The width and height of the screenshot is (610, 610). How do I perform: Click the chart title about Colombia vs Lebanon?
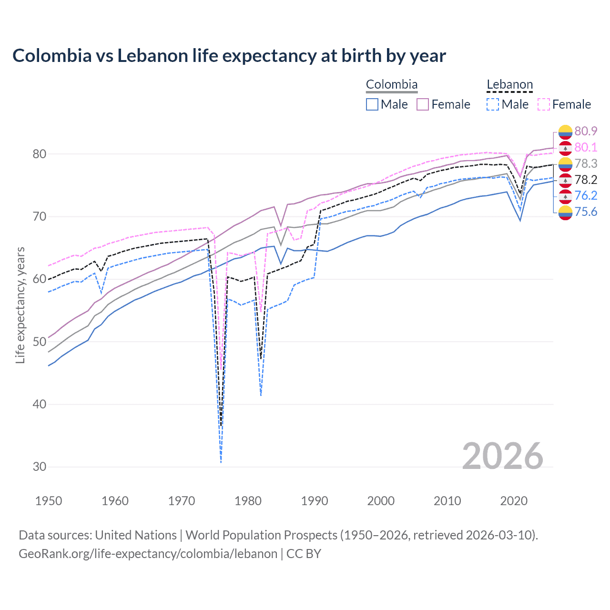[x=229, y=56]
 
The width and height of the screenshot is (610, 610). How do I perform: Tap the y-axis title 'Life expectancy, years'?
[x=20, y=305]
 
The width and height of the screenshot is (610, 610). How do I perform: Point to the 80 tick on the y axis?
[x=40, y=154]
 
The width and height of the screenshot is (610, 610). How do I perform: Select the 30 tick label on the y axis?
[x=40, y=467]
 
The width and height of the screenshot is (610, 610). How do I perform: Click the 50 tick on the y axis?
[x=40, y=342]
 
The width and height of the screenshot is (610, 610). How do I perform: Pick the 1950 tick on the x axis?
[x=49, y=501]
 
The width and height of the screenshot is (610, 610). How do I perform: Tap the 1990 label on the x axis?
[x=315, y=501]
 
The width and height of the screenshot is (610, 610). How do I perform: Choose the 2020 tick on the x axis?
[x=514, y=501]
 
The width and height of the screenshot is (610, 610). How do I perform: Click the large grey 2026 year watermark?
[x=502, y=456]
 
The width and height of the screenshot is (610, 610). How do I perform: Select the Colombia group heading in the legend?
[x=392, y=85]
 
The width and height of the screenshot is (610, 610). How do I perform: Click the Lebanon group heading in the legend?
[x=509, y=85]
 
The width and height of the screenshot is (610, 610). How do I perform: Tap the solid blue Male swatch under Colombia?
[x=372, y=104]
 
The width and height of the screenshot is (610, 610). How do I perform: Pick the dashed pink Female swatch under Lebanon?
[x=544, y=104]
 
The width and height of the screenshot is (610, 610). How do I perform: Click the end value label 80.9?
[x=586, y=131]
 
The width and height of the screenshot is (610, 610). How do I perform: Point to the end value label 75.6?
[x=586, y=212]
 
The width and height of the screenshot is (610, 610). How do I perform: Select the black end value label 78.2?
[x=586, y=180]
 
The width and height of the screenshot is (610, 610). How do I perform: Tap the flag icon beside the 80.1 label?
[x=565, y=148]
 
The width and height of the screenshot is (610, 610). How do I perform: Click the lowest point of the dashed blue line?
[x=221, y=462]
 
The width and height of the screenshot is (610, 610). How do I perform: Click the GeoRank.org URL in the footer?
[x=148, y=554]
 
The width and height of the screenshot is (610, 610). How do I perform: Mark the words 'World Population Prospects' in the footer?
[x=261, y=535]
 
